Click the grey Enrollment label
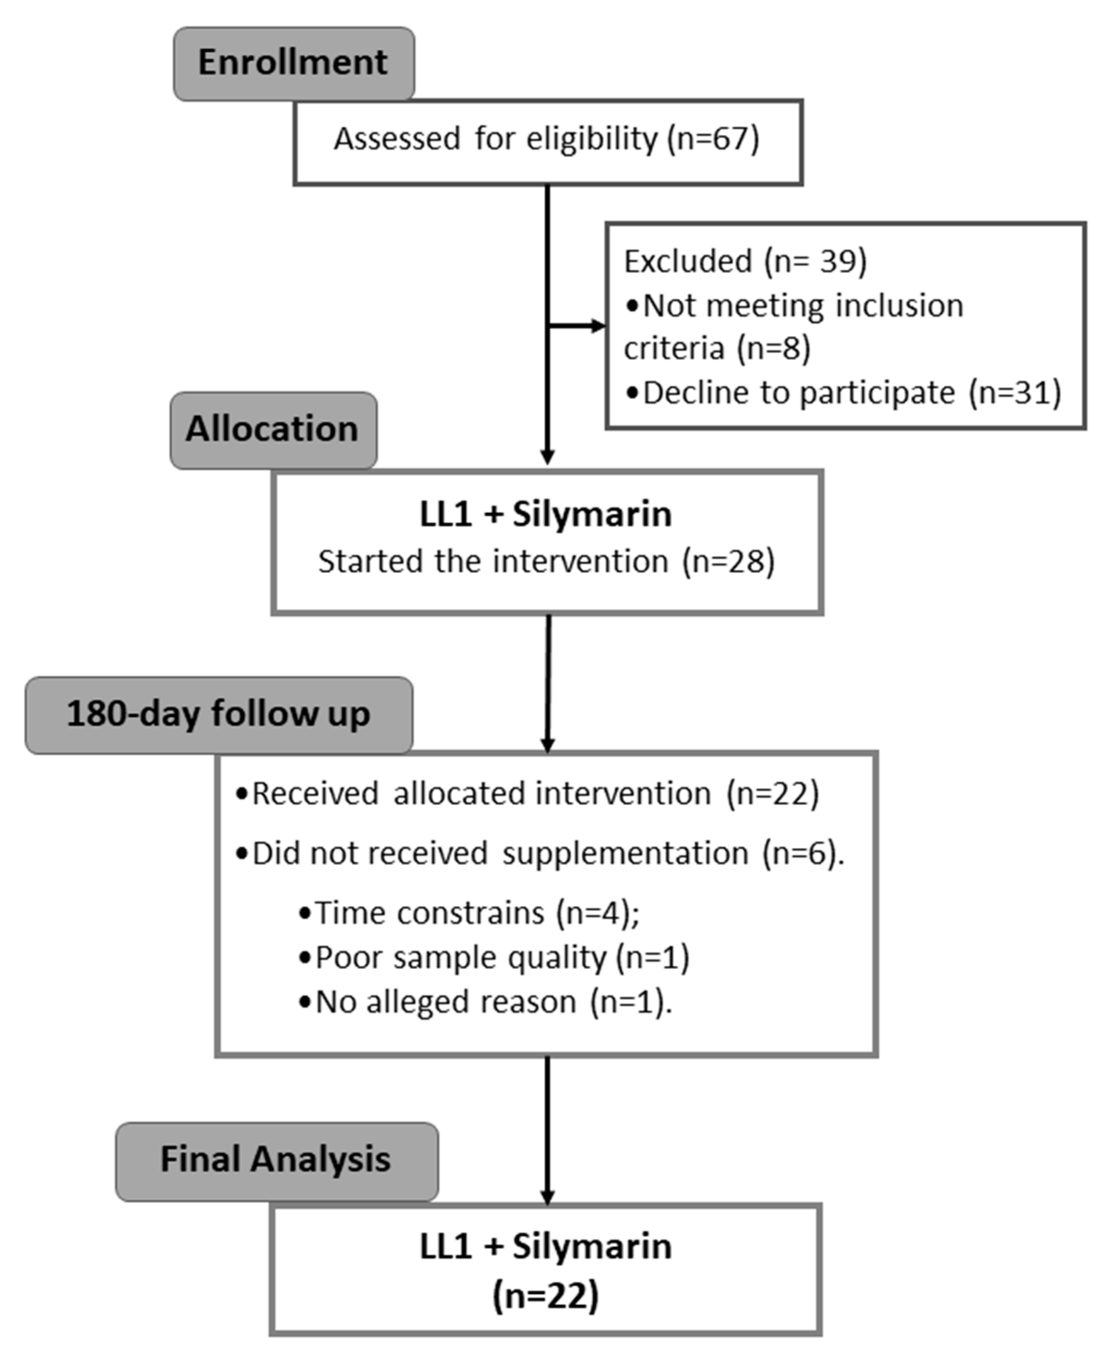293,63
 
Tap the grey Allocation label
273,430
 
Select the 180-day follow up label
218,715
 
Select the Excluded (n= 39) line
745,262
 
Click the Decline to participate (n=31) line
843,393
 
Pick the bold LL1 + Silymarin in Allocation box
545,514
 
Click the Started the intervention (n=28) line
546,562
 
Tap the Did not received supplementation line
540,854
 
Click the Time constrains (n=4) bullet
469,913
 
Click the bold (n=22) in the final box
545,1296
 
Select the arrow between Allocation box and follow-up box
547,685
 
